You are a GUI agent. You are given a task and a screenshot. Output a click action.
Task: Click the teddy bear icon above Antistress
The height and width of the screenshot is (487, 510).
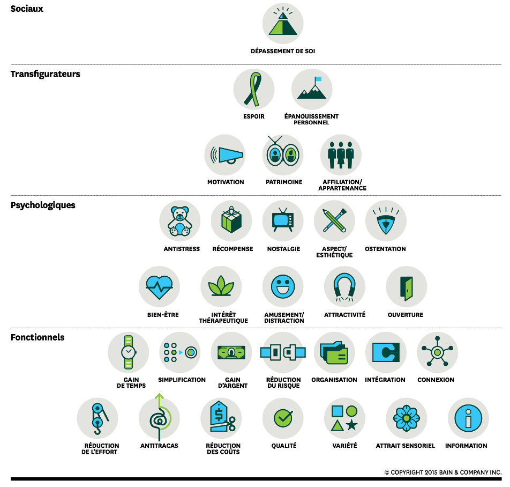coord(180,221)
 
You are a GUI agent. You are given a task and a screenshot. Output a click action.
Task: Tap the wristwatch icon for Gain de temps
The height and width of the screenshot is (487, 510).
coord(128,352)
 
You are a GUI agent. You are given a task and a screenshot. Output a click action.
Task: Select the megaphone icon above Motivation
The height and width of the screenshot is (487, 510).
coord(226,155)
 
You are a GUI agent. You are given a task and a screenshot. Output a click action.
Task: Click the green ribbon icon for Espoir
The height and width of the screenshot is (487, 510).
coord(253,89)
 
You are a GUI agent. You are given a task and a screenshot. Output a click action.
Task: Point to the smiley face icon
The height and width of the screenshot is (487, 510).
coord(283,287)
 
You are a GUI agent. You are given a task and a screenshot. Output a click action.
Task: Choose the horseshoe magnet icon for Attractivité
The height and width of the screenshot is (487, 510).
coord(344,287)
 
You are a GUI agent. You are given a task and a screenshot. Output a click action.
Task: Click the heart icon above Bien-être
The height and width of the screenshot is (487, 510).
coord(159,287)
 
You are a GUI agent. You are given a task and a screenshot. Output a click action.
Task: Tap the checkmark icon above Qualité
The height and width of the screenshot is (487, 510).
coord(283,418)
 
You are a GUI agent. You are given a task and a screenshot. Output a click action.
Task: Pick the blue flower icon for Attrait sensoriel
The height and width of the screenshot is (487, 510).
coord(406,418)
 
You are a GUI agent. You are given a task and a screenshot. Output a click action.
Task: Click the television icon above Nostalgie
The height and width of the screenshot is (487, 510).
coord(283,221)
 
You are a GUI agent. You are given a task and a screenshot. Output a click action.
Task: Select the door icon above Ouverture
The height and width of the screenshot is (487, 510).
coord(406,287)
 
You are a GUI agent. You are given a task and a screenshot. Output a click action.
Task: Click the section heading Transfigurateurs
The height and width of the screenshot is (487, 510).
coord(46,74)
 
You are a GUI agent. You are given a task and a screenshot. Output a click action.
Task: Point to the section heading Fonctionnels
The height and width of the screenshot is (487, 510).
coord(37,337)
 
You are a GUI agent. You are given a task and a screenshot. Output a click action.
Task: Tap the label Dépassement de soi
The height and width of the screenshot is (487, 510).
coord(283,51)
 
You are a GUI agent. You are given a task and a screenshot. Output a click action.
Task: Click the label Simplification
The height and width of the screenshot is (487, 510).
coord(182,380)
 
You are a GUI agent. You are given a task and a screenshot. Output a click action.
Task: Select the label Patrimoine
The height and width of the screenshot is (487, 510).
coord(284,182)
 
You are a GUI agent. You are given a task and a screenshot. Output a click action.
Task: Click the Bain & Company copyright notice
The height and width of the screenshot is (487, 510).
coord(442,473)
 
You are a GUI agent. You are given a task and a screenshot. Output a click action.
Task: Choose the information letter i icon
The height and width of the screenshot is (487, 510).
coord(468,418)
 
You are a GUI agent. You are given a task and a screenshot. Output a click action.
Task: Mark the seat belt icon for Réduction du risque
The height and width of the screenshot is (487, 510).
coord(283,352)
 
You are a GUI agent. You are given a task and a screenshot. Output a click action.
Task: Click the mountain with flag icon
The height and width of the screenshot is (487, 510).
coord(312,89)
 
